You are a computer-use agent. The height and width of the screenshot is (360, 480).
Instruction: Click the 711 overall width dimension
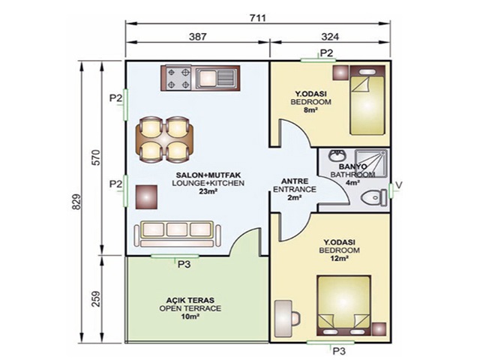pos(257,18)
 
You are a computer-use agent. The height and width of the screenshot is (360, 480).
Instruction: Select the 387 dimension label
pos(198,37)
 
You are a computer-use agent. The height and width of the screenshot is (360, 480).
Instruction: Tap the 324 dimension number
pos(330,37)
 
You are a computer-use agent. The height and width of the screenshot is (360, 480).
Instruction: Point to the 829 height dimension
pos(76,202)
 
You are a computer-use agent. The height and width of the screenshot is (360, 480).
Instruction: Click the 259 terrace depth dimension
pos(96,298)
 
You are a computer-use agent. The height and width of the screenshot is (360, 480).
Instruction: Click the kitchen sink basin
pos(206,78)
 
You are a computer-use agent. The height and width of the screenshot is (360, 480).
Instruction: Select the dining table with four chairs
pos(165,139)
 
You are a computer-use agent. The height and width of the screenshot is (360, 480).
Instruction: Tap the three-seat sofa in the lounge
pos(178,234)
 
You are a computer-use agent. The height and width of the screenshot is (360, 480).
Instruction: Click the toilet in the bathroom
pos(374,198)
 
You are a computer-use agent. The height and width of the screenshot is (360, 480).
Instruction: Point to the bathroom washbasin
pos(337,155)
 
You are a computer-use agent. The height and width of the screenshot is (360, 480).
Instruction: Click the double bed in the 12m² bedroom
pos(344,306)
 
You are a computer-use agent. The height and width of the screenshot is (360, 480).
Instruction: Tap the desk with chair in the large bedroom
pos(286,318)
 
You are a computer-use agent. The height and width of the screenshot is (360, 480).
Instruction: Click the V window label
pos(398,185)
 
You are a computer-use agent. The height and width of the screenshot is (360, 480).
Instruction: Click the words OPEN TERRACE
pos(190,308)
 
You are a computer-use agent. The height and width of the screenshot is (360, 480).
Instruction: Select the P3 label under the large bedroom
pos(339,350)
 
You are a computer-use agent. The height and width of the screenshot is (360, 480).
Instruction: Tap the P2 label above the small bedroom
pos(326,53)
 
